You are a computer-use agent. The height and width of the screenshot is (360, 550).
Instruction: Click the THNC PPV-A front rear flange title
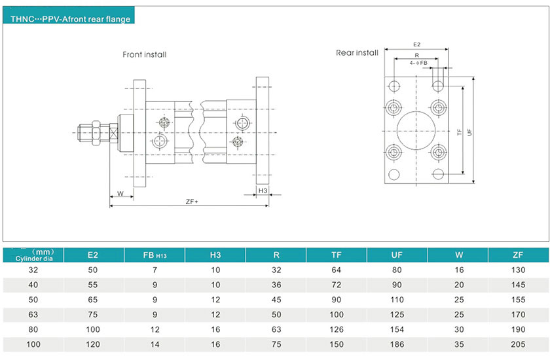[x=70, y=19]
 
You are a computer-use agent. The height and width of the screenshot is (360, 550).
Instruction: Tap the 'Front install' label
[x=144, y=54]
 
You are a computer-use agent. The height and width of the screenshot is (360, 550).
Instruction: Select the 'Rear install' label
[x=357, y=52]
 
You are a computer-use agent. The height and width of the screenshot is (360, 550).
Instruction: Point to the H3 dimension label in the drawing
[x=263, y=190]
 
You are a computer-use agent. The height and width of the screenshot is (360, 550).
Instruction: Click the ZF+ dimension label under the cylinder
[x=192, y=202]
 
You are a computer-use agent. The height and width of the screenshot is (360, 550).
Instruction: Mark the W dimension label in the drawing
[x=120, y=194]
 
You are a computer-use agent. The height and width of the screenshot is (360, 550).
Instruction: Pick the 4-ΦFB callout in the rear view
[x=418, y=63]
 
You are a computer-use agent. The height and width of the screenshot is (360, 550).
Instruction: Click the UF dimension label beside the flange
[x=469, y=132]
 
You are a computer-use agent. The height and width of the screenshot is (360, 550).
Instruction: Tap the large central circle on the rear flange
[x=416, y=131]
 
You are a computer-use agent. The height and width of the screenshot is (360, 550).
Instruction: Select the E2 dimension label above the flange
[x=416, y=45]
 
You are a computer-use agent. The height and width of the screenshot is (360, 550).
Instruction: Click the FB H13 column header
[x=155, y=255]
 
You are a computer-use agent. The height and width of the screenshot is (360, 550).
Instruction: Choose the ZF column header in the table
[x=518, y=255]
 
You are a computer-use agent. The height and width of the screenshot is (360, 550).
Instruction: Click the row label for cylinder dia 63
[x=33, y=313]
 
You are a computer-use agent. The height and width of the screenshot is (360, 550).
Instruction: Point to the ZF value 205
[x=518, y=344]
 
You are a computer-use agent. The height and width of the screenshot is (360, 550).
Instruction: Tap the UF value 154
[x=397, y=329]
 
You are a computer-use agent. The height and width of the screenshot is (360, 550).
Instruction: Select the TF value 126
[x=337, y=329]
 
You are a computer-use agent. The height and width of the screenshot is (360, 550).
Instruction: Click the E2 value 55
[x=93, y=283]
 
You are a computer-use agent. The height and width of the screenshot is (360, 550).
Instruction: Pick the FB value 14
[x=155, y=344]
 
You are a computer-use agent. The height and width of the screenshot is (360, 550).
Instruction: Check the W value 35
[x=457, y=344]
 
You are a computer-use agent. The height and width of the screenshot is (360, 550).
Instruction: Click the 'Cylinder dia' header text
[x=33, y=259]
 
